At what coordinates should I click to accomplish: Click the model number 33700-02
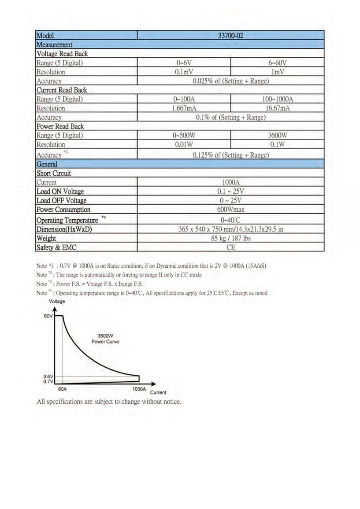pos(230,36)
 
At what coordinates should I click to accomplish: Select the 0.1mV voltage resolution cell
pos(184,72)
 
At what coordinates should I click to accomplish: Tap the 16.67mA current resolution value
pos(277,108)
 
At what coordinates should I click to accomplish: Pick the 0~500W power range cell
pos(184,136)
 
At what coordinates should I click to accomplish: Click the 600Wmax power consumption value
pos(230,210)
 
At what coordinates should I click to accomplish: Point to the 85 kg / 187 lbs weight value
pos(230,238)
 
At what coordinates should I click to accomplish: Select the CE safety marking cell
pos(230,247)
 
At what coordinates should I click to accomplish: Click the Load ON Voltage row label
pos(60,192)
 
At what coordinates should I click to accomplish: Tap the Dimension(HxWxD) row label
pos(64,229)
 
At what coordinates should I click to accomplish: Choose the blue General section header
pos(47,164)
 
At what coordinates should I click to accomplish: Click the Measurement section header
pos(55,44)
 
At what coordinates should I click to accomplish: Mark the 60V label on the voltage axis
pos(48,317)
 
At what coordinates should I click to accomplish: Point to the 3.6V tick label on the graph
pos(48,376)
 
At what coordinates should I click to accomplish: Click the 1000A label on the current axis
pos(139,389)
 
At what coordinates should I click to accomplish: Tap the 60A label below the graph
pos(63,389)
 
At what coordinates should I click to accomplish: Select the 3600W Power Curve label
pos(105,338)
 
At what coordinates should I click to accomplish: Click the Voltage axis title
pos(57,302)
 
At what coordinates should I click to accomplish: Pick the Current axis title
pos(158,392)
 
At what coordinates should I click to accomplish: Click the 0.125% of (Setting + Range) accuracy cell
pos(230,155)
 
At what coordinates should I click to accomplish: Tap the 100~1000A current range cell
pos(277,99)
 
